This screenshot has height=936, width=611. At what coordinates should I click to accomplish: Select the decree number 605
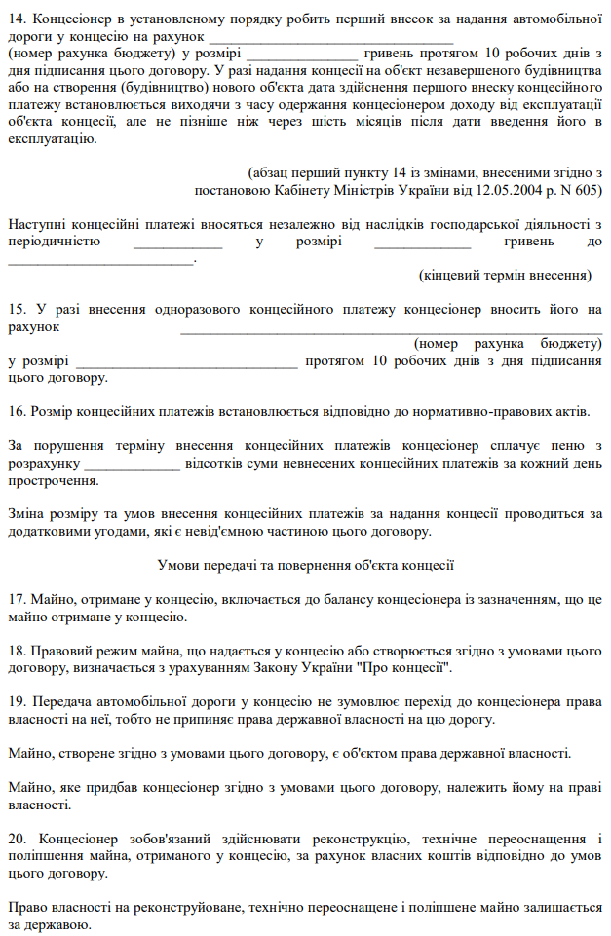(587, 188)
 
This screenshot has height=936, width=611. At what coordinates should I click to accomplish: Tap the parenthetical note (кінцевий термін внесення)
(505, 276)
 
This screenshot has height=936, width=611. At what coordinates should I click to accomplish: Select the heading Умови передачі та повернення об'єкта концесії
(305, 565)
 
